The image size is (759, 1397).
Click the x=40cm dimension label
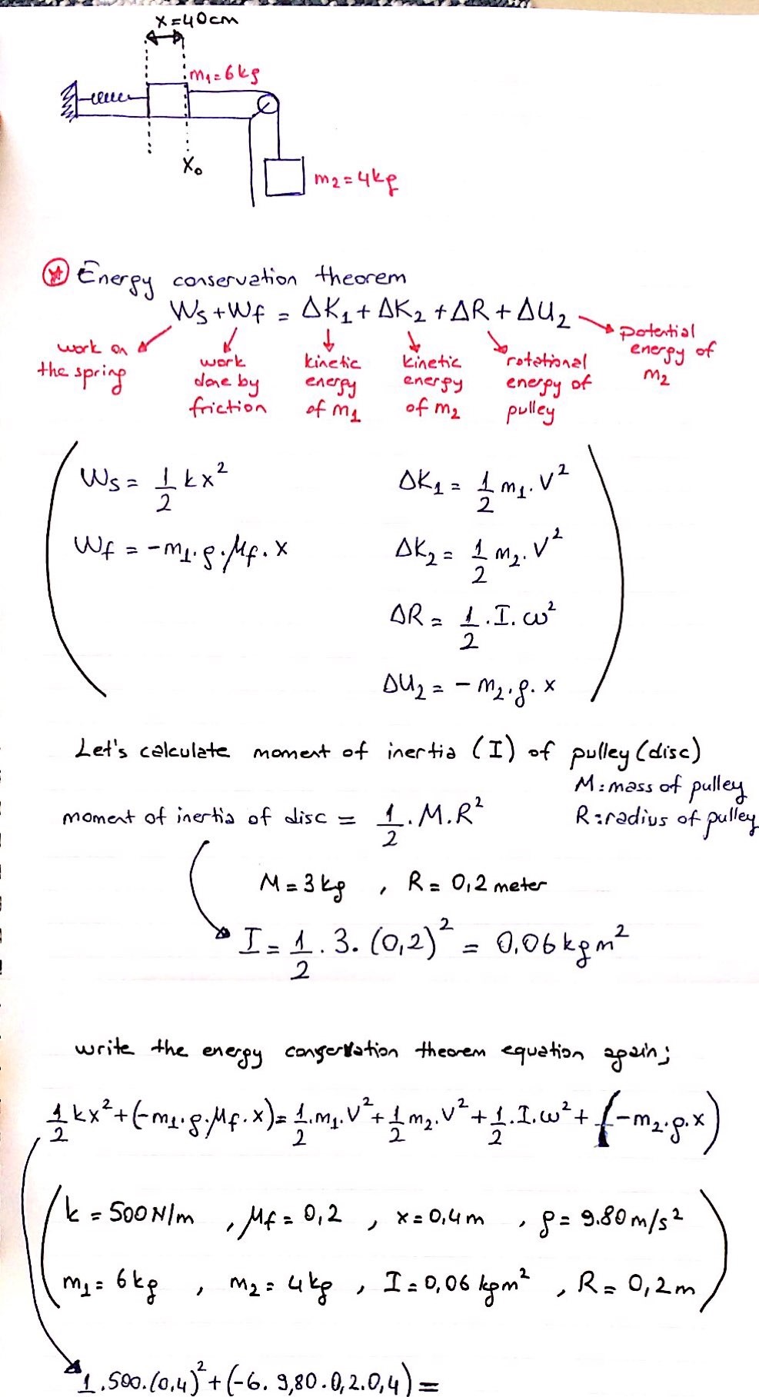(x=196, y=19)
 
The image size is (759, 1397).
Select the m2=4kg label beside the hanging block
(x=354, y=182)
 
